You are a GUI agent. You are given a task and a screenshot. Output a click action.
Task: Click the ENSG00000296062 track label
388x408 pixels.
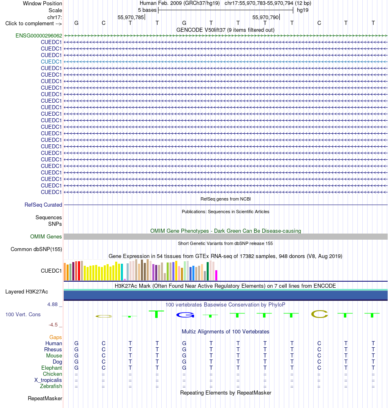[39, 35]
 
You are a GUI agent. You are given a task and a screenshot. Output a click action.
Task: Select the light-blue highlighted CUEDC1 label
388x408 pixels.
[51, 62]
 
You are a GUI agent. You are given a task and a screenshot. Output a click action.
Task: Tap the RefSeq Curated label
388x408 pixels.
[43, 205]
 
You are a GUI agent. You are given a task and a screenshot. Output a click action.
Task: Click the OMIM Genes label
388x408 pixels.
[46, 236]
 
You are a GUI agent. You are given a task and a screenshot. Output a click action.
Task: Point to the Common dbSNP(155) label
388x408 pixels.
[36, 249]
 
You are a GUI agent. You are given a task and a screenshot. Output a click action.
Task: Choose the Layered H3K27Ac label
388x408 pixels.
[27, 292]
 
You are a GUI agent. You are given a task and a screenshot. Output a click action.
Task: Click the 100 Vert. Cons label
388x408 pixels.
[23, 314]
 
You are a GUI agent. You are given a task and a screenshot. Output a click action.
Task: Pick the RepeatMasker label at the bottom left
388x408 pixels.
[45, 398]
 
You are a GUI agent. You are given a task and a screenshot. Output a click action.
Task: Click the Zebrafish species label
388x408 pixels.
[51, 386]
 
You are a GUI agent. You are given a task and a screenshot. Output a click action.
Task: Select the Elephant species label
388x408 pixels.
[51, 368]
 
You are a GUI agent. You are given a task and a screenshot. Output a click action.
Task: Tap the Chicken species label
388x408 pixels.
[52, 374]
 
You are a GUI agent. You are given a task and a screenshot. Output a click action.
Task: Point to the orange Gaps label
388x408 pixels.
[56, 337]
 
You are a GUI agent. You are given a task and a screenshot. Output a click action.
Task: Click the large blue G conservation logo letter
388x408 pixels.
[185, 315]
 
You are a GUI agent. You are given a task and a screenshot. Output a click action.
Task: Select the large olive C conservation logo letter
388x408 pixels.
[319, 314]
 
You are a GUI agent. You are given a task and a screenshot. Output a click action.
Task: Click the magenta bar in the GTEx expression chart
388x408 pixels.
[216, 275]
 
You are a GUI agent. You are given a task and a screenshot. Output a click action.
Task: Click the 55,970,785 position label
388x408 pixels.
[131, 18]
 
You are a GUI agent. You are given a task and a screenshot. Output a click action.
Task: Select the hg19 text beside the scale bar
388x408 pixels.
[303, 10]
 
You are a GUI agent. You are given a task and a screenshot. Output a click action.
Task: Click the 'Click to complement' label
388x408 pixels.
[33, 23]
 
